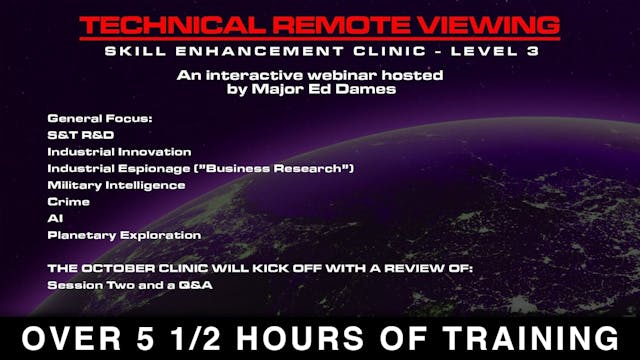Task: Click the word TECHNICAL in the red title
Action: [x=170, y=26]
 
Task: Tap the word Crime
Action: [x=68, y=201]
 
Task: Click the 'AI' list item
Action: [x=54, y=218]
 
